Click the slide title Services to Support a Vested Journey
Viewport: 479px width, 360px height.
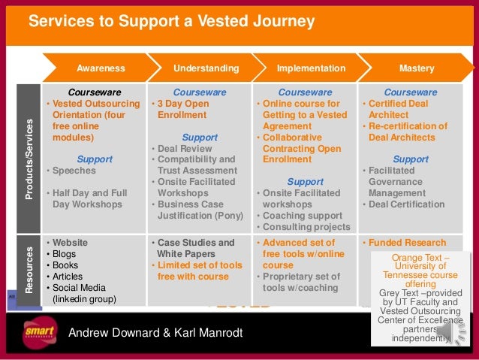[171, 23]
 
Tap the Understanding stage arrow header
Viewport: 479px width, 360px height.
[206, 68]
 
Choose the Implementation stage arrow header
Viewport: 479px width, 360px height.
[311, 68]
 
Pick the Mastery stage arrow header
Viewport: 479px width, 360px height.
[417, 68]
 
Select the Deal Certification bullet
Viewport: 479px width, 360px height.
[406, 204]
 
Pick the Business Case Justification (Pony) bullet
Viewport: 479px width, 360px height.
[198, 210]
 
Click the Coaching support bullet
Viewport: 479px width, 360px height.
[297, 216]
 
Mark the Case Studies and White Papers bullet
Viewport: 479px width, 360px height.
[195, 249]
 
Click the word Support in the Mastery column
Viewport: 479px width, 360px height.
[411, 159]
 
